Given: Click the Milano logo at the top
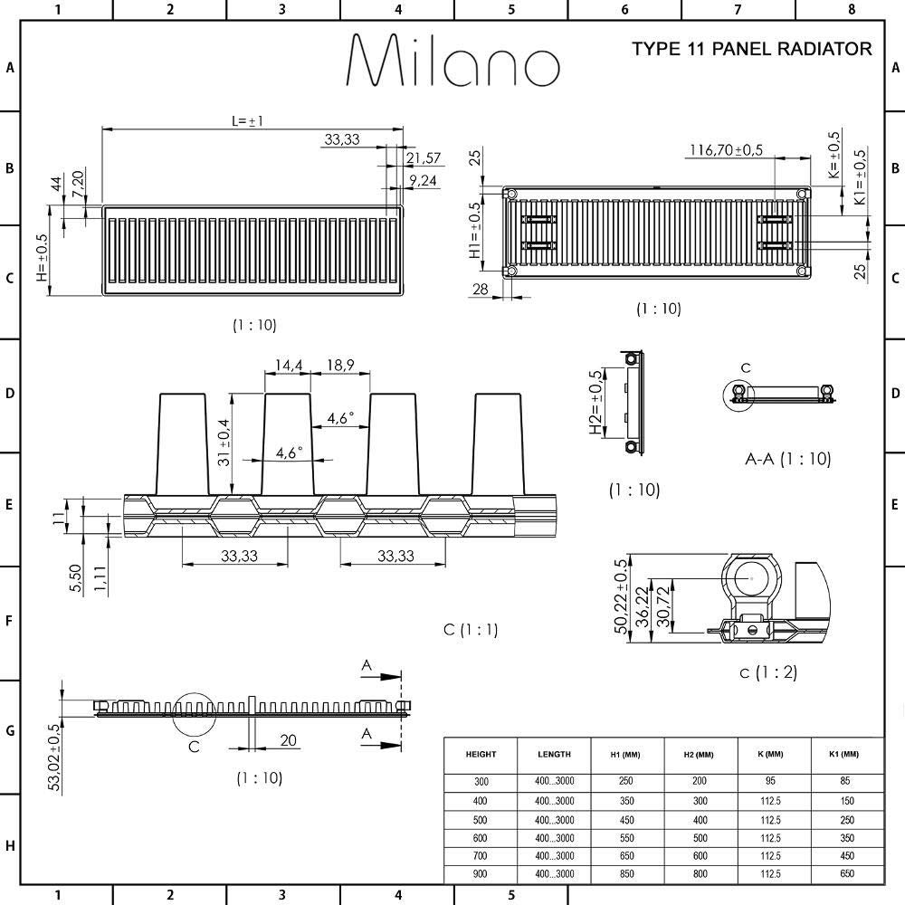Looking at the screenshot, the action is click(x=453, y=60).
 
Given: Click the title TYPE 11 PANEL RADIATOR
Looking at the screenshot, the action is click(x=751, y=49).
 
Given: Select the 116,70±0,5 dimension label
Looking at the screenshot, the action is click(x=726, y=150).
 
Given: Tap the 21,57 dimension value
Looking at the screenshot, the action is click(x=423, y=158).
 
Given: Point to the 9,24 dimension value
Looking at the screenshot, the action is click(x=423, y=181).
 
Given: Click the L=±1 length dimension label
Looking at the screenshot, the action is click(x=247, y=121).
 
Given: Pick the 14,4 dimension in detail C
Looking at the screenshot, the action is click(x=288, y=366).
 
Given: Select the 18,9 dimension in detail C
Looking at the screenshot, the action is click(x=340, y=366).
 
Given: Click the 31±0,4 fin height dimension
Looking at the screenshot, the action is click(x=224, y=443).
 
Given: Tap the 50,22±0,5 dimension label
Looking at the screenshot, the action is click(x=621, y=595).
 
